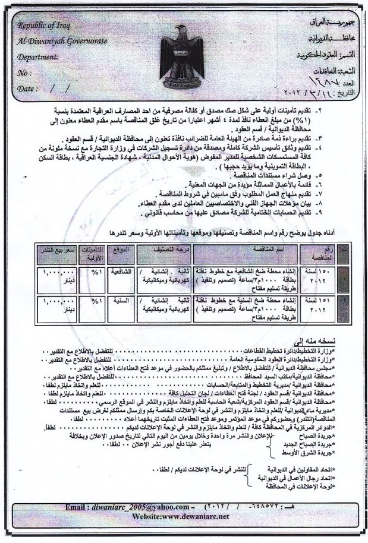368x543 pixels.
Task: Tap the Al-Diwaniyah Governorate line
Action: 61,44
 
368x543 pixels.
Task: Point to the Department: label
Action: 40,58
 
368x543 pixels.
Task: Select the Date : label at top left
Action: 26,89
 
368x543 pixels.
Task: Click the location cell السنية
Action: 121,301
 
